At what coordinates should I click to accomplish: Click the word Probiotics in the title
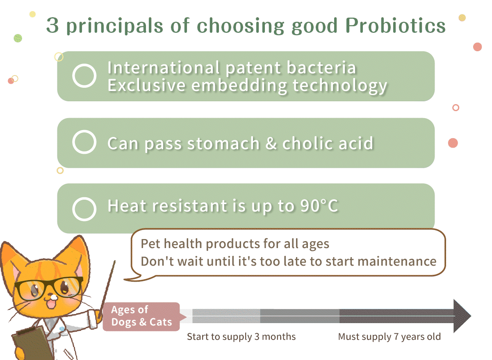tap(395, 25)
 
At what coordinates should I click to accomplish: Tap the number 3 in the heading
tap(52, 25)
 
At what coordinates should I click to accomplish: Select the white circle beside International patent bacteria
tap(84, 76)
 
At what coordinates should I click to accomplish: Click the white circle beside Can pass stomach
tap(84, 142)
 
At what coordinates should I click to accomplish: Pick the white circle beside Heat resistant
tap(84, 209)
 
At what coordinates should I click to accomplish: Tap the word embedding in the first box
tap(239, 86)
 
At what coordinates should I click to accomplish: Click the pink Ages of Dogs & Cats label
tap(141, 317)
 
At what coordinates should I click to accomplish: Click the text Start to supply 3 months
tap(241, 337)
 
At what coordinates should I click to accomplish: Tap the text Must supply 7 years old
tap(389, 337)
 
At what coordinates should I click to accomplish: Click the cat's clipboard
tap(31, 344)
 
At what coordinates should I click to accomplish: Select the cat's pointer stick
tap(107, 289)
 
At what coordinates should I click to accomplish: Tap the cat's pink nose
tap(54, 297)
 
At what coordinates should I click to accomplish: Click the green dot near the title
tap(18, 38)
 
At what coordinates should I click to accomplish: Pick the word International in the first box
tap(164, 67)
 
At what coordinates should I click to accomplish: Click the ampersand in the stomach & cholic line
tap(271, 143)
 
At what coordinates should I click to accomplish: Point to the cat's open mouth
tap(52, 304)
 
